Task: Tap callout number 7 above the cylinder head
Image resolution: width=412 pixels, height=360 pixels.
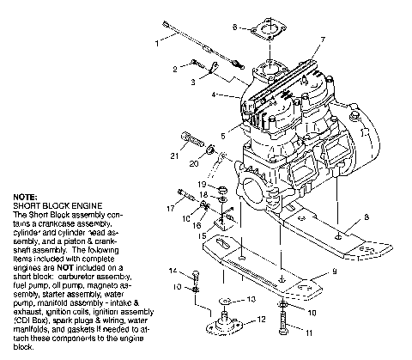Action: tap(322, 40)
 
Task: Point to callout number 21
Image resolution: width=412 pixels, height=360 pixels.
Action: tap(174, 155)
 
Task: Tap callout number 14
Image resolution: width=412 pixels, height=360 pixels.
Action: tap(172, 271)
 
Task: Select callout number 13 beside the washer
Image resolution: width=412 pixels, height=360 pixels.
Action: tap(251, 300)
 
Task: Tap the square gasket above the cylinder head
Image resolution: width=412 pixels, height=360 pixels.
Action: tap(269, 34)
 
